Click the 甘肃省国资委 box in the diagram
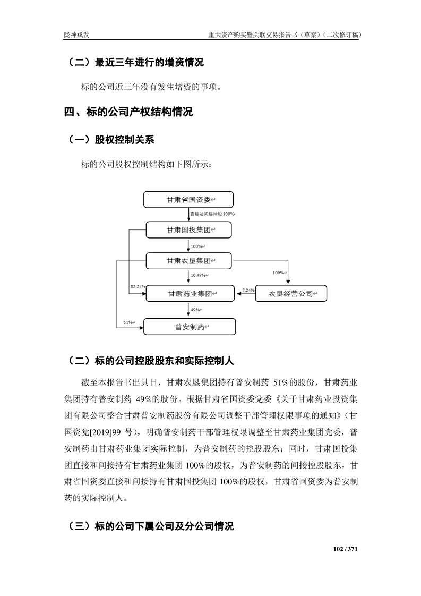click(188, 200)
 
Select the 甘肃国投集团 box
click(188, 230)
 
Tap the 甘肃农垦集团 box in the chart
click(188, 261)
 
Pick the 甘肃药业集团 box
click(188, 293)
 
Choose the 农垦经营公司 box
click(291, 293)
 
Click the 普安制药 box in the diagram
click(188, 326)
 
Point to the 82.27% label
click(138, 287)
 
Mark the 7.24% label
click(248, 290)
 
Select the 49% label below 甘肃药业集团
click(195, 309)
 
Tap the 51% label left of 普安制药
click(129, 322)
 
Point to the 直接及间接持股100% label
click(212, 214)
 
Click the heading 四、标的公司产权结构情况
click(128, 112)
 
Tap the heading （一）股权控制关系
click(111, 140)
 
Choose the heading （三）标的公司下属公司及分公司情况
click(151, 527)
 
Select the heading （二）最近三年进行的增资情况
click(135, 63)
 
